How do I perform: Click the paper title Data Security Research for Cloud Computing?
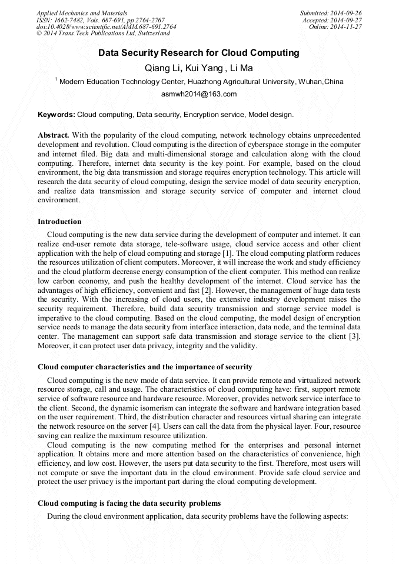click(x=199, y=53)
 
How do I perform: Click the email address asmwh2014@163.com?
click(x=199, y=94)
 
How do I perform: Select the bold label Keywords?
click(x=56, y=114)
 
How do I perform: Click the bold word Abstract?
click(x=54, y=135)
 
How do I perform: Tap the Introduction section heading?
click(x=59, y=222)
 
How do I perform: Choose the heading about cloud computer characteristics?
click(x=145, y=367)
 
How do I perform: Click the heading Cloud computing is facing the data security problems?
click(x=129, y=503)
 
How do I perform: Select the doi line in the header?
click(x=106, y=27)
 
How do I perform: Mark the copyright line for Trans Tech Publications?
click(x=104, y=34)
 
